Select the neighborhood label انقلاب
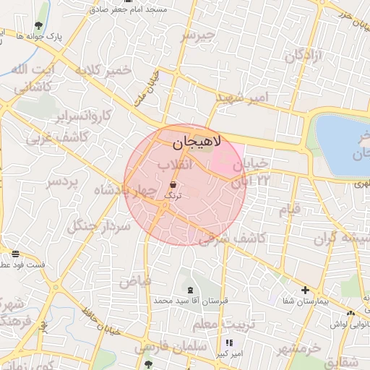pos(176,165)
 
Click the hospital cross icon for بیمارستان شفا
pos(305,289)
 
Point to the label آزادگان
pos(303,56)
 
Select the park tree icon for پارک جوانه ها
pos(38,26)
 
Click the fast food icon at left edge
pos(15,254)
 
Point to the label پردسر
pos(61,182)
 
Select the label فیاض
pos(136,280)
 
